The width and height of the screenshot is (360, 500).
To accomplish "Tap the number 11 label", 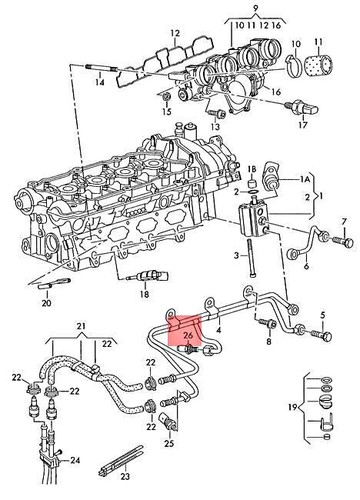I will coord(318,44).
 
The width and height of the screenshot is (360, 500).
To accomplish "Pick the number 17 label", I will coord(300,127).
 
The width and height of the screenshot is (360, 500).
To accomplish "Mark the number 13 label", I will coord(214,128).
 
